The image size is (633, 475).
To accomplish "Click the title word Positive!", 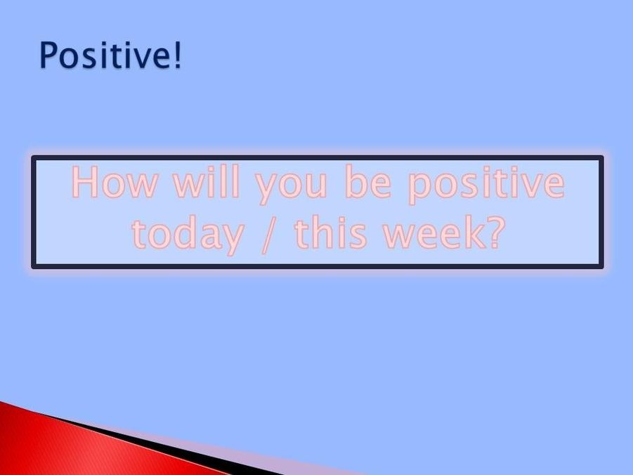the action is click(110, 55).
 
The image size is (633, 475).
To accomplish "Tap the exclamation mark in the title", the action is click(177, 55).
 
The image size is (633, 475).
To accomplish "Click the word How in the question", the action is click(115, 182).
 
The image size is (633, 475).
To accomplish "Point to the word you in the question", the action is click(291, 187).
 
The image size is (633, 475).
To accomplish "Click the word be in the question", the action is click(368, 181).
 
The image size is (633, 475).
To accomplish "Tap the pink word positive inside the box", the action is click(486, 184).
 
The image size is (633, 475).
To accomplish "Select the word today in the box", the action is click(188, 233).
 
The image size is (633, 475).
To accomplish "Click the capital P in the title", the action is click(48, 55).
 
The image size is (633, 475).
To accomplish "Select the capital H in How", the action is click(85, 182).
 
